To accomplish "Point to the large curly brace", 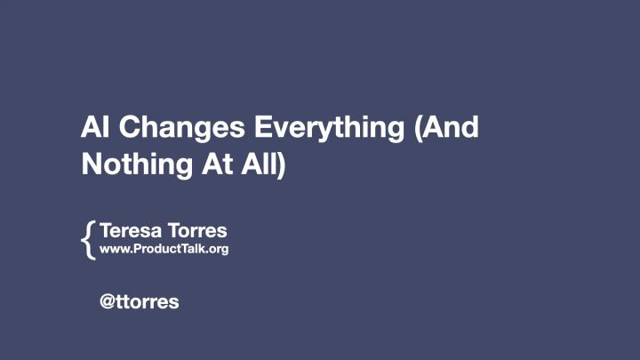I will click(87, 240).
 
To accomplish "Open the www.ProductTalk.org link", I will click(164, 249).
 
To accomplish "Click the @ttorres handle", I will click(140, 301).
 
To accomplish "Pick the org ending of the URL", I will click(218, 250).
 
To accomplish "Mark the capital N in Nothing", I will click(90, 164).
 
